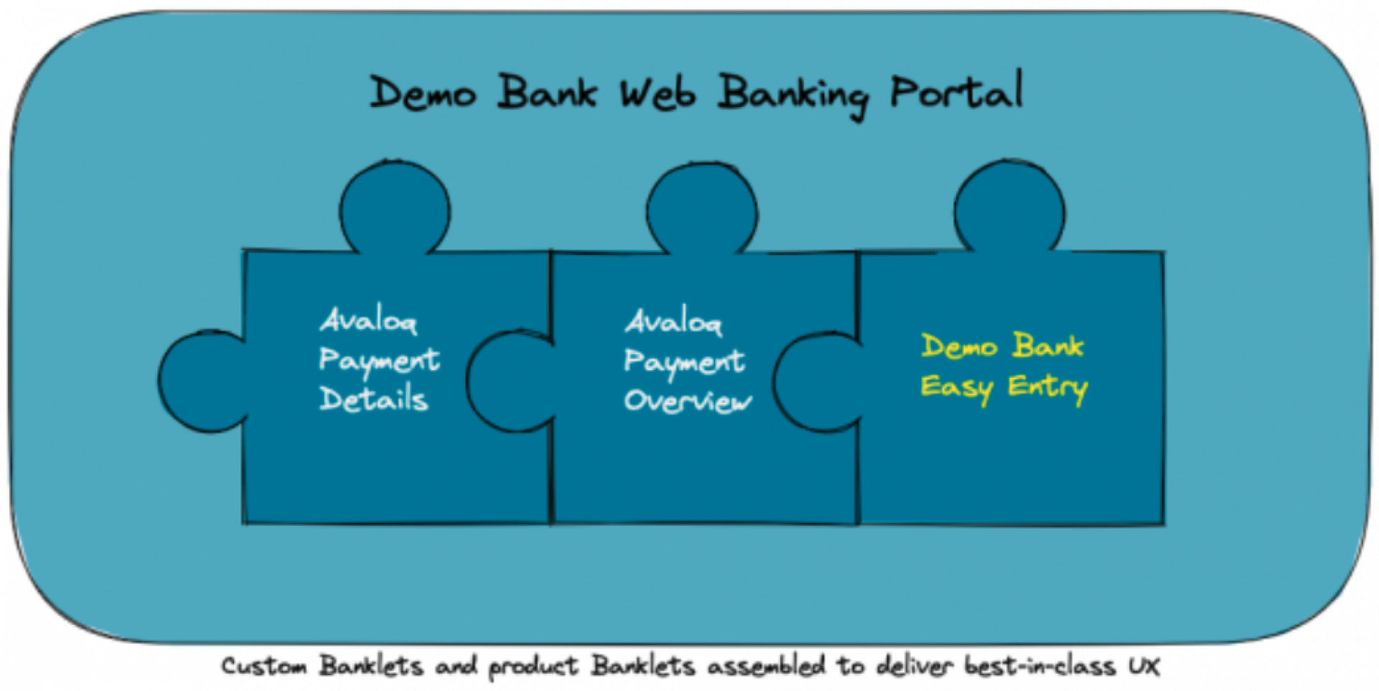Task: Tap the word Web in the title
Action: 657,93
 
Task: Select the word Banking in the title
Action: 793,96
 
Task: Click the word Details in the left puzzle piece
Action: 373,399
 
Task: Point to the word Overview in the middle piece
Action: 687,401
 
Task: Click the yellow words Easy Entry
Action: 1004,388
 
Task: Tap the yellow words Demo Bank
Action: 1003,345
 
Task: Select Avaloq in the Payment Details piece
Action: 368,320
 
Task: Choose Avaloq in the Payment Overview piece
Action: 673,322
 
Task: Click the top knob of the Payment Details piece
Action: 395,208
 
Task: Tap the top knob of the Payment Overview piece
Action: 702,210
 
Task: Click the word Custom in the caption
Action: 264,666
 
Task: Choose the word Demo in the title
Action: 422,93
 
